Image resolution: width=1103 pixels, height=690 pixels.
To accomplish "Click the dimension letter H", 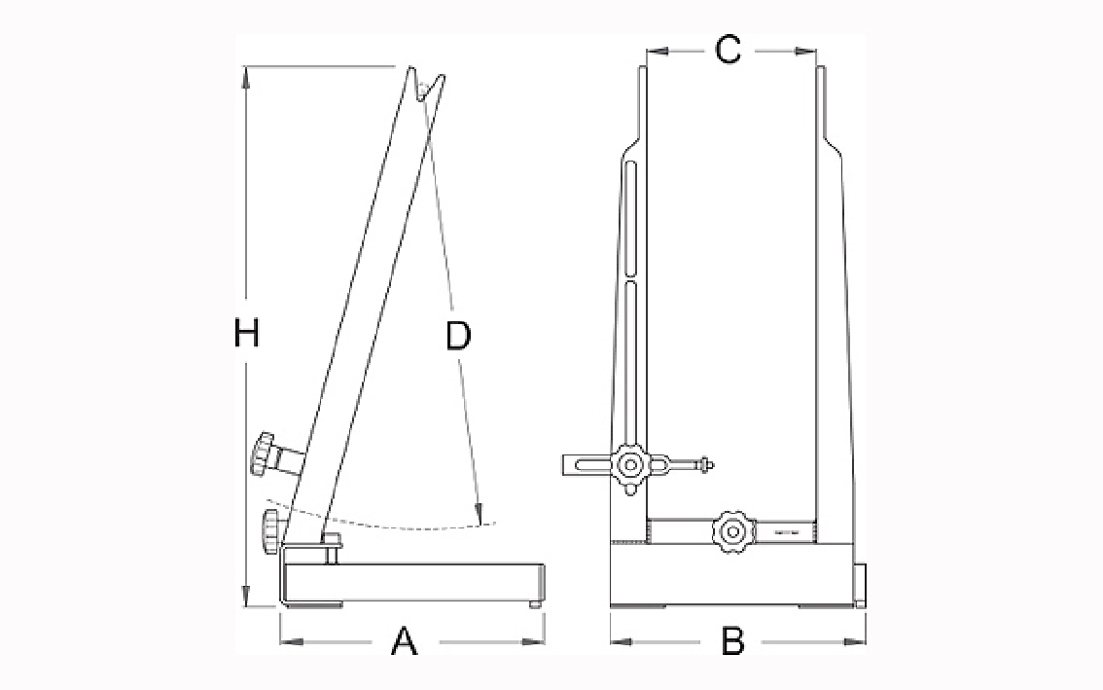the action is (x=246, y=333).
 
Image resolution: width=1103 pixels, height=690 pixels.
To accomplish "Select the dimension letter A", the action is (x=404, y=641).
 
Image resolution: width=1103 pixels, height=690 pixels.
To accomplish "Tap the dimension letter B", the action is (x=732, y=641).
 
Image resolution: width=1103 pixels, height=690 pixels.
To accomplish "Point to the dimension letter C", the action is (x=729, y=50).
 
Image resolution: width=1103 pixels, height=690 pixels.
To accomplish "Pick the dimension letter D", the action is (x=458, y=336).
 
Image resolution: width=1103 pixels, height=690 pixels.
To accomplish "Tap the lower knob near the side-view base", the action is (x=271, y=533).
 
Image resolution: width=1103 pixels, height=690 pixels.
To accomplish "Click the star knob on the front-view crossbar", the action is (x=733, y=533).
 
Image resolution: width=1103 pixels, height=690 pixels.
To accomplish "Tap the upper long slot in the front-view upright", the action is (x=631, y=218).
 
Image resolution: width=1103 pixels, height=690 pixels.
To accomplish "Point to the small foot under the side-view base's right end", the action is (x=535, y=604).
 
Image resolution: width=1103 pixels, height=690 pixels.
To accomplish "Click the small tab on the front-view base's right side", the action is (x=860, y=584).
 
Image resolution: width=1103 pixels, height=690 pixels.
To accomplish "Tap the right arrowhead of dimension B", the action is (x=857, y=641).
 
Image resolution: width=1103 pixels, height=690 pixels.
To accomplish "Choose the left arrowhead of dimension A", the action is (x=290, y=641).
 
